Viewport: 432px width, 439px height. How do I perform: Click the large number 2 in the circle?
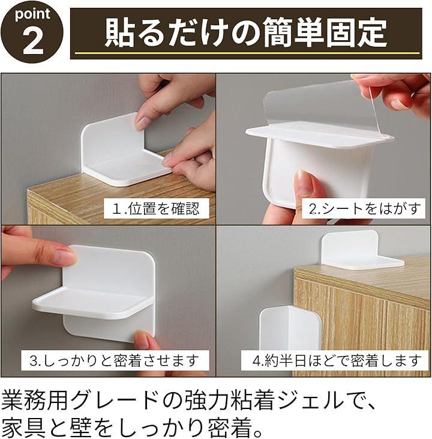tap(33, 41)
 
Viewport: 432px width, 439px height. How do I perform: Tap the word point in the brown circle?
tap(33, 14)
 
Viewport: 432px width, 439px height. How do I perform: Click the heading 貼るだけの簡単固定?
tap(245, 32)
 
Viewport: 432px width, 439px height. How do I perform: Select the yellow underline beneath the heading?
tap(247, 53)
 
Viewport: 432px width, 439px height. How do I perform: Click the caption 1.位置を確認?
tap(157, 208)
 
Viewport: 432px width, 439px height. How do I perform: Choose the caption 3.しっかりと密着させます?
tap(114, 360)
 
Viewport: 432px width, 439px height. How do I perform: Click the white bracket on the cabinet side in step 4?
tap(289, 328)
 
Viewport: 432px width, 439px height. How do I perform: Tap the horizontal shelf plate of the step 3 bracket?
tap(92, 304)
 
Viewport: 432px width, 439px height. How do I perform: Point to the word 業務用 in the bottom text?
tap(34, 401)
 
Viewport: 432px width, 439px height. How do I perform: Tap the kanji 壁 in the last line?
tap(81, 428)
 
